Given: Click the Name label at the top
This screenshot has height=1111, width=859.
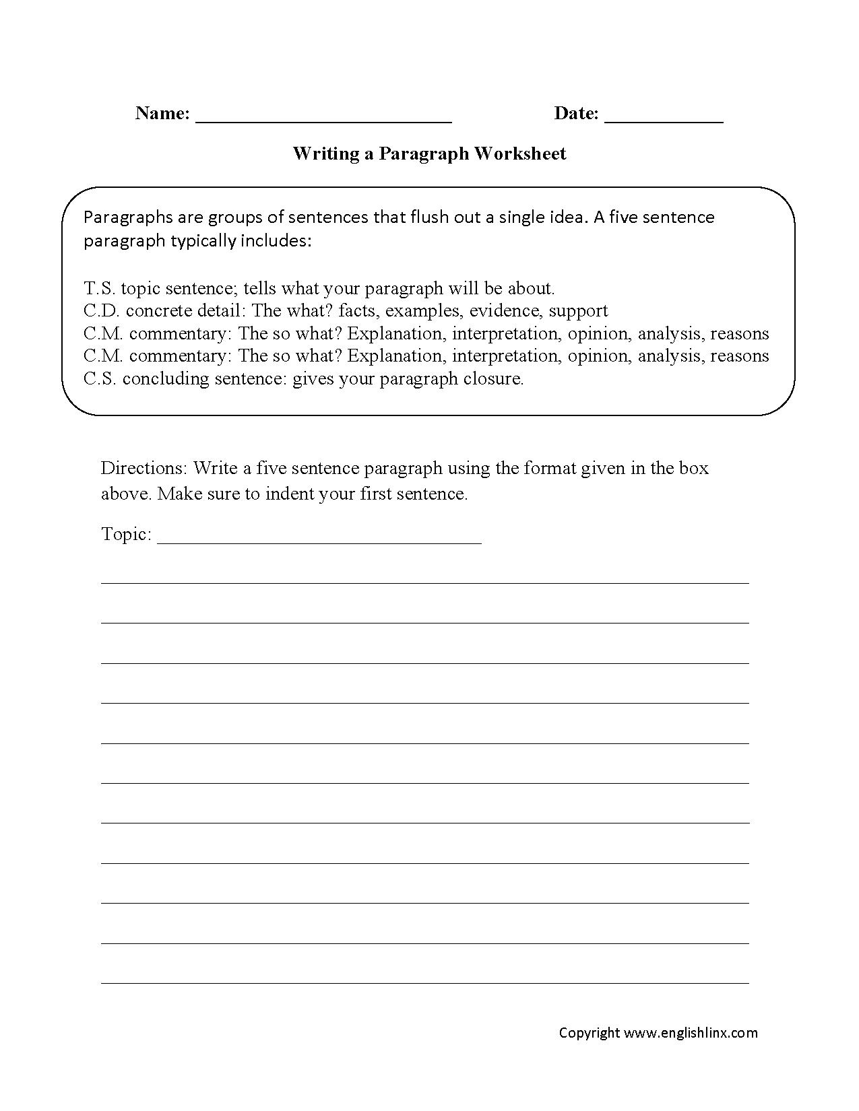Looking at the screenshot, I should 162,113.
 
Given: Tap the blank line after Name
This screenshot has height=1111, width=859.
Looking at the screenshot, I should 323,120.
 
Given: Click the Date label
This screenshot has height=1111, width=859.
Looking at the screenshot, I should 576,113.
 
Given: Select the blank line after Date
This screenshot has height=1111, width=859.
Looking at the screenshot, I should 664,120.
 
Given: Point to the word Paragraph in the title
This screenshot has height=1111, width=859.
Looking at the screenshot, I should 423,154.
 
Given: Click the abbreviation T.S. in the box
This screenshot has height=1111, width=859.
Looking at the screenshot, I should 100,288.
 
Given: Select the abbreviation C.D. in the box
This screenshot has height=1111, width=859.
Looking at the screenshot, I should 102,310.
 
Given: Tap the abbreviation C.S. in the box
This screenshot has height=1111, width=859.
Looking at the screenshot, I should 100,378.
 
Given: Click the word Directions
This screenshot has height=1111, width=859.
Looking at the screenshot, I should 144,468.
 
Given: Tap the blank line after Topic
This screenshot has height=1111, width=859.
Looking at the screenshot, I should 319,541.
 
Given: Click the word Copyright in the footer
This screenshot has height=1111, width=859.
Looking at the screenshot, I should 589,1032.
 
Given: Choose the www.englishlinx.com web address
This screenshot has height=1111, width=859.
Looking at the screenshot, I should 691,1032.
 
